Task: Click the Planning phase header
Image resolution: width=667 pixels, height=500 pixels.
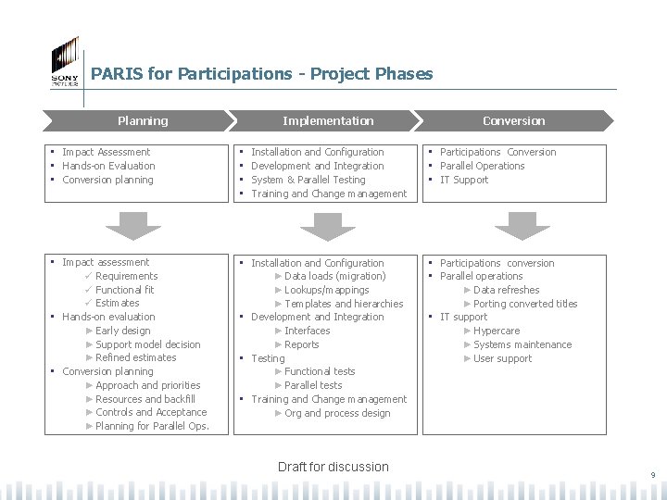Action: click(x=143, y=120)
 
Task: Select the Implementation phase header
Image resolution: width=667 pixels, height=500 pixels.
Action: click(x=328, y=120)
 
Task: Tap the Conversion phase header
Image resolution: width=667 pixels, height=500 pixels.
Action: click(x=514, y=120)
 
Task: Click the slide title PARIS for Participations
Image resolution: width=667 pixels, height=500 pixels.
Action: click(x=261, y=74)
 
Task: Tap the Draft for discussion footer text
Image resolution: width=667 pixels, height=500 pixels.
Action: click(x=333, y=467)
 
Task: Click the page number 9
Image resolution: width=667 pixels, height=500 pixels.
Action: click(x=652, y=476)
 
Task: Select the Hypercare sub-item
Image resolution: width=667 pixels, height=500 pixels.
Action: click(x=497, y=331)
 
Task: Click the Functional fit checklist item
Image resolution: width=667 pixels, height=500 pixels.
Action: click(x=125, y=290)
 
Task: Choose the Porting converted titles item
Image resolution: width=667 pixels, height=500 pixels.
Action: click(x=525, y=304)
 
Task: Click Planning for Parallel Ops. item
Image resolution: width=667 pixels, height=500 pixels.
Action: click(x=152, y=426)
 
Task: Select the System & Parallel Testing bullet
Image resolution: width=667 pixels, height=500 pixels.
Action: click(x=308, y=180)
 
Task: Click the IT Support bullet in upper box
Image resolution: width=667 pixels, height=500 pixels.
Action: click(x=464, y=180)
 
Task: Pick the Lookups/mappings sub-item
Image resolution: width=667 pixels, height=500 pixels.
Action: click(x=327, y=290)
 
